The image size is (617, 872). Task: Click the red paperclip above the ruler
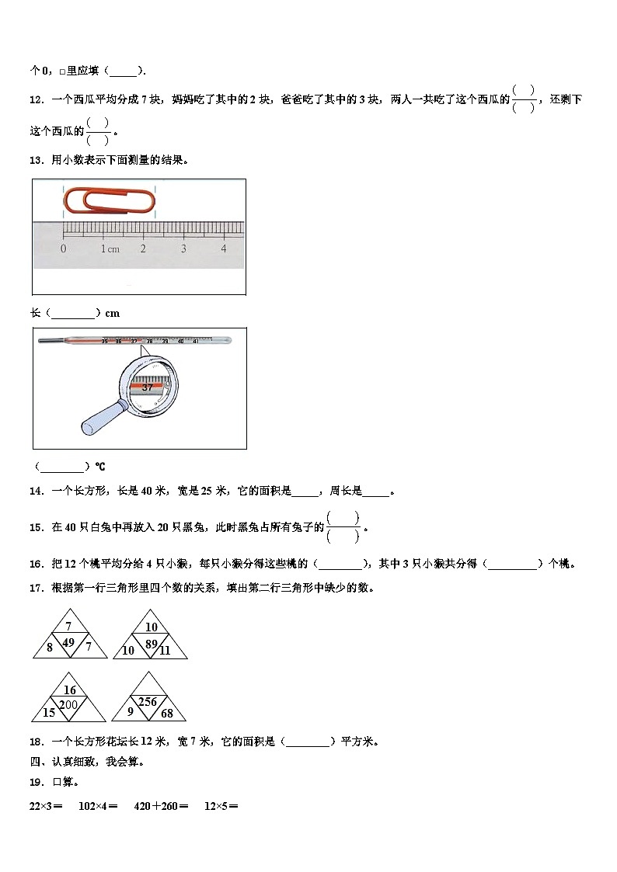click(108, 201)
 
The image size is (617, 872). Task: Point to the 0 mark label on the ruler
click(63, 248)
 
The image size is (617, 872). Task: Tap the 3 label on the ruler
click(183, 248)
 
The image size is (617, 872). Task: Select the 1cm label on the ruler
click(109, 248)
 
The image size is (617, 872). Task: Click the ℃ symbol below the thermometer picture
click(100, 467)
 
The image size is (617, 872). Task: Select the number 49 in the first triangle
click(68, 641)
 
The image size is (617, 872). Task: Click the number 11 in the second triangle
click(164, 651)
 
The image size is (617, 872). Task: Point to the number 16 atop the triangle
click(70, 690)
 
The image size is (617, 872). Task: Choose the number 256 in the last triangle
click(148, 702)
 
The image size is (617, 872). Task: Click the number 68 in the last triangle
click(167, 713)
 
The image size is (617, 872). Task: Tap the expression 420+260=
click(161, 806)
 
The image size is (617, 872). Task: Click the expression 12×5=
click(221, 806)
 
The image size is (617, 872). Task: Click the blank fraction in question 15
click(343, 526)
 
